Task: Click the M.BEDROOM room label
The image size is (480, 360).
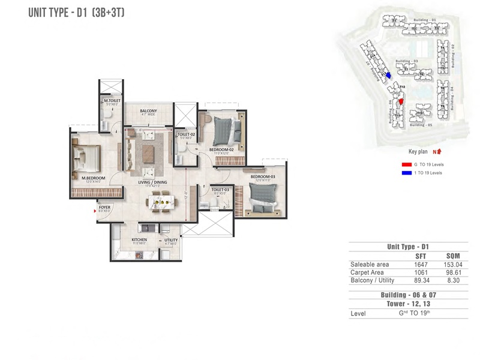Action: tap(94, 178)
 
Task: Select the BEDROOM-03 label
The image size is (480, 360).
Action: tap(262, 176)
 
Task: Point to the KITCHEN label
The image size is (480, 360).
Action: tap(139, 239)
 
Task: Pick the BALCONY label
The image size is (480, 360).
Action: tap(148, 111)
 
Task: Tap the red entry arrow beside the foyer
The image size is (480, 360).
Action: tap(94, 210)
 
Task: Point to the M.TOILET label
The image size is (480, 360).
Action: tap(112, 100)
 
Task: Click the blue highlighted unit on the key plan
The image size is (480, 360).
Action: tap(388, 76)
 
